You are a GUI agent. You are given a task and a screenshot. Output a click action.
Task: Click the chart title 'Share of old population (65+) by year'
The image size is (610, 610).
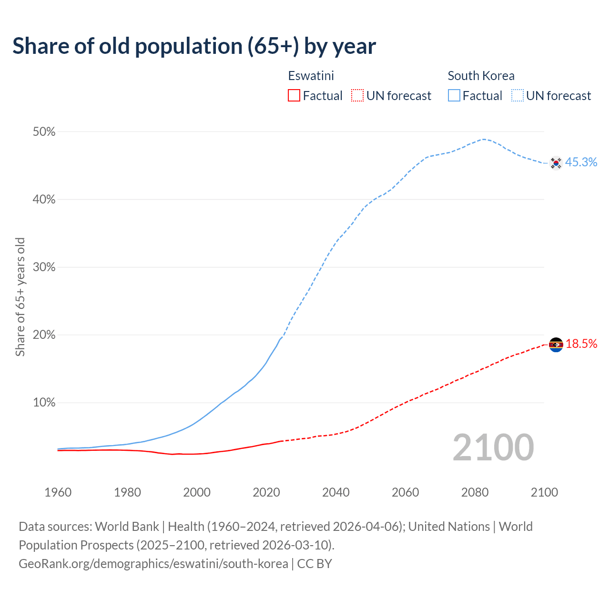[x=194, y=46]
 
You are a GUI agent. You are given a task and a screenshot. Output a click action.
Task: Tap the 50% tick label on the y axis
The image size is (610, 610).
[x=44, y=132]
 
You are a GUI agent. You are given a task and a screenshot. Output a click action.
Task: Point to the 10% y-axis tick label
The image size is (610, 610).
[x=44, y=403]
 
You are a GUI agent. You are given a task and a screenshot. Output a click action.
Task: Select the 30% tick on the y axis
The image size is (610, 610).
[x=44, y=267]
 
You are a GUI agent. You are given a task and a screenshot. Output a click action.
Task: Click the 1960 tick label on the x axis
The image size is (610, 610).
[x=58, y=492]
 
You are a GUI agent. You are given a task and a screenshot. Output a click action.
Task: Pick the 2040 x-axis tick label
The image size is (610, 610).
[x=336, y=492]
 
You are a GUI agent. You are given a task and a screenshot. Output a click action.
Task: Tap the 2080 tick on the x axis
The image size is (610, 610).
[x=475, y=492]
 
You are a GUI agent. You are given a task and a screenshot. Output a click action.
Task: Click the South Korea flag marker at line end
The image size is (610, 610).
[x=556, y=163]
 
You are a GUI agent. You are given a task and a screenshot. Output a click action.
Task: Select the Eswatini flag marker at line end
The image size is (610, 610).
[x=556, y=345]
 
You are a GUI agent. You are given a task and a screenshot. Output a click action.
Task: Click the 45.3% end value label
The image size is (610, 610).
[x=581, y=163]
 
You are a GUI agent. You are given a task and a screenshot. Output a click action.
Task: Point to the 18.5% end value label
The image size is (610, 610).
[x=581, y=344]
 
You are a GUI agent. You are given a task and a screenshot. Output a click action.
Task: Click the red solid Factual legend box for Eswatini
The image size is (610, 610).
[x=294, y=96]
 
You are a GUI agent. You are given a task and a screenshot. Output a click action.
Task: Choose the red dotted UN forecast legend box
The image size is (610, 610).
[x=357, y=96]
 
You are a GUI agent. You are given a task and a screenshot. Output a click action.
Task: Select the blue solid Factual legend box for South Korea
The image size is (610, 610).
[x=454, y=96]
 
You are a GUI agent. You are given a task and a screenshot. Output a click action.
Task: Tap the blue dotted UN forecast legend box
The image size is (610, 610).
[x=518, y=96]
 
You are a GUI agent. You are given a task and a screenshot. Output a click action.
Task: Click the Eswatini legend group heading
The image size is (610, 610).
[x=311, y=76]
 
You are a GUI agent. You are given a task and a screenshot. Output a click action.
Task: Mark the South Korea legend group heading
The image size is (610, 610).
[x=481, y=76]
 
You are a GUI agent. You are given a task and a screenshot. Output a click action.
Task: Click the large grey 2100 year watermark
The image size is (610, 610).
[x=493, y=447]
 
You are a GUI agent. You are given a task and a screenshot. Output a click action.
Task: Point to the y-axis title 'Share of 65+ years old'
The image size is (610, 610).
[x=20, y=296]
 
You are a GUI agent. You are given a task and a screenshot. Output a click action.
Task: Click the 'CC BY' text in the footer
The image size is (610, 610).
[x=315, y=564]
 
